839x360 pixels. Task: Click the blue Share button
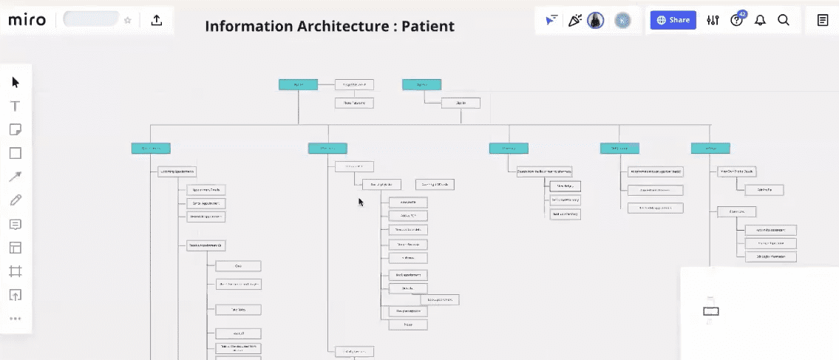click(x=673, y=20)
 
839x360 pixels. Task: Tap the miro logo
click(x=27, y=20)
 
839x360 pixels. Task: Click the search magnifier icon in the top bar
click(x=784, y=20)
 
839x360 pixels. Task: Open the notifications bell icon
click(x=760, y=20)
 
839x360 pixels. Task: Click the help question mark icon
click(x=736, y=20)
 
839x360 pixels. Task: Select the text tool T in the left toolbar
click(x=16, y=106)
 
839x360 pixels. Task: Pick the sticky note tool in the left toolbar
click(x=16, y=129)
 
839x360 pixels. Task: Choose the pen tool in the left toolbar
click(x=16, y=200)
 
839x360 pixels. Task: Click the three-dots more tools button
click(x=16, y=319)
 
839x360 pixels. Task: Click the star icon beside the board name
click(x=128, y=20)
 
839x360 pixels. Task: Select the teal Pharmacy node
click(x=509, y=149)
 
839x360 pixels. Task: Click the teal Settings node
click(x=710, y=149)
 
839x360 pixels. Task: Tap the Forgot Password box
click(x=354, y=84)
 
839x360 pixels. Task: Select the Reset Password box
click(x=354, y=103)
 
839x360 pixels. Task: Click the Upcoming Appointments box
click(x=177, y=172)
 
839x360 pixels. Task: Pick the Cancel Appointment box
click(x=205, y=203)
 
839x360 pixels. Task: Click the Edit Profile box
click(x=764, y=190)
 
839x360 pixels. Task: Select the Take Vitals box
click(x=238, y=310)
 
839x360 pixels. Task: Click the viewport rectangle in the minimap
click(x=710, y=311)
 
